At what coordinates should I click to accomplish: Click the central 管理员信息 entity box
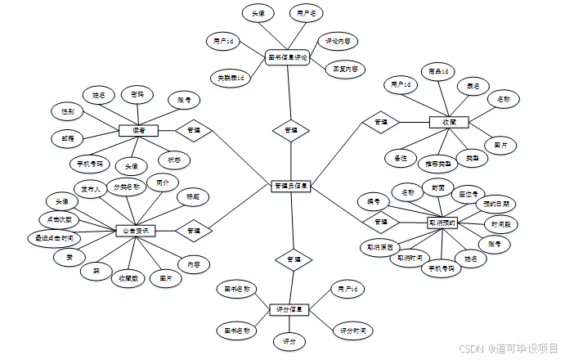tap(290, 187)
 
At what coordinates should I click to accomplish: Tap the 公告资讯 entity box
tap(136, 232)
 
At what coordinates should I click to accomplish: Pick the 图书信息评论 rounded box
tap(288, 58)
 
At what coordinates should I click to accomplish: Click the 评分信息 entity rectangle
tap(289, 310)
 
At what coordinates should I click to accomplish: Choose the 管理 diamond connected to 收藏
tap(381, 122)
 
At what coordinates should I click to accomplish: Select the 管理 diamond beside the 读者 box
tap(193, 130)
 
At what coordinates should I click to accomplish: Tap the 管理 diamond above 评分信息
tap(290, 260)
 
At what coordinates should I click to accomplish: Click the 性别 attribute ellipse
tap(67, 110)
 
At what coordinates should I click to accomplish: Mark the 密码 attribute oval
tap(137, 95)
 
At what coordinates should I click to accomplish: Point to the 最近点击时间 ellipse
tap(54, 238)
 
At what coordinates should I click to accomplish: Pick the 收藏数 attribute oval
tap(127, 277)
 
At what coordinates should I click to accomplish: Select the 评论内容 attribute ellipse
tap(339, 40)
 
